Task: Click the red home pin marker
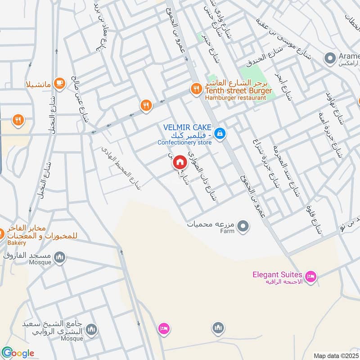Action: pyautogui.click(x=180, y=162)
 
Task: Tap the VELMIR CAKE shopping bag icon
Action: pyautogui.click(x=220, y=133)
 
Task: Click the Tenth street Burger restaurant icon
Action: pyautogui.click(x=196, y=89)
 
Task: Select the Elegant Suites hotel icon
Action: pyautogui.click(x=310, y=275)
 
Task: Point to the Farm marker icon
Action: pyautogui.click(x=243, y=225)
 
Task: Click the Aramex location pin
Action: pyautogui.click(x=330, y=58)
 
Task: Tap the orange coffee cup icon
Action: pyautogui.click(x=59, y=83)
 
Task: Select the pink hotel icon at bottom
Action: pyautogui.click(x=163, y=329)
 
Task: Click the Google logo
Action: pyautogui.click(x=18, y=353)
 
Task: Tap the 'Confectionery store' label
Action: pyautogui.click(x=184, y=143)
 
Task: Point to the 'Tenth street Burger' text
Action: pyautogui.click(x=238, y=91)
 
